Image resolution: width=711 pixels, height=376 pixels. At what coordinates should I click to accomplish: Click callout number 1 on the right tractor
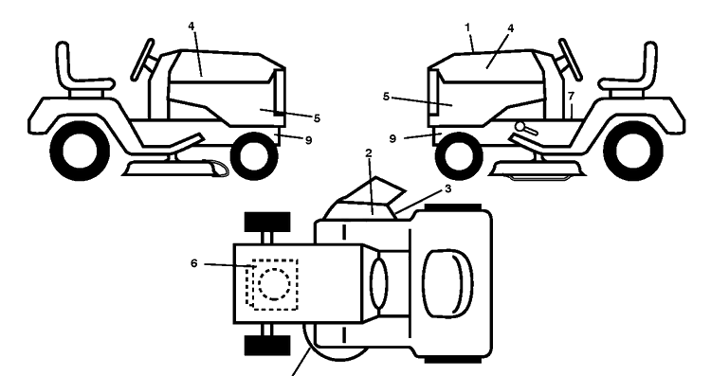click(x=467, y=27)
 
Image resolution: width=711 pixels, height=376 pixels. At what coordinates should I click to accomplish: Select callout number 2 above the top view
click(x=369, y=153)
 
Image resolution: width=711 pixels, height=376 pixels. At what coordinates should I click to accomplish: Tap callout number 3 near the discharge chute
click(x=448, y=188)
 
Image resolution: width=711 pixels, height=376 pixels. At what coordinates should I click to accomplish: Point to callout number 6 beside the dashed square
click(x=194, y=263)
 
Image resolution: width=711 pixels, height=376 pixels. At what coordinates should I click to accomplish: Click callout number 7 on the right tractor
click(x=571, y=96)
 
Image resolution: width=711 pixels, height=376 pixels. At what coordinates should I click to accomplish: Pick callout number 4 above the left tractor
click(x=191, y=26)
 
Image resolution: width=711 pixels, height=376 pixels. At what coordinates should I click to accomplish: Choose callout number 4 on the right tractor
click(x=511, y=28)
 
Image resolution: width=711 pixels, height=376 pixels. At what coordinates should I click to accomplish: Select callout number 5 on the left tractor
click(x=317, y=118)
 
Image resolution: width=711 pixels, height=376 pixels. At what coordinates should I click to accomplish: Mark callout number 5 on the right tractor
click(x=386, y=97)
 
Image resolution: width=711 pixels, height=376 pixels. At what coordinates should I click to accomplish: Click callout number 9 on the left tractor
click(x=308, y=140)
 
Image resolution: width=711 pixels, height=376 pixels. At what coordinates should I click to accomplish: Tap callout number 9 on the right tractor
click(x=392, y=138)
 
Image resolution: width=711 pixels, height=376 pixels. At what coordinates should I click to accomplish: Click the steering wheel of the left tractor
click(x=142, y=60)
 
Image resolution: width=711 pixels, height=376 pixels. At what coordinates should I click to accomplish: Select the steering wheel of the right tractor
click(x=570, y=60)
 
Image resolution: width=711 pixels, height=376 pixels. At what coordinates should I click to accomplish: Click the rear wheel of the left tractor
click(x=81, y=151)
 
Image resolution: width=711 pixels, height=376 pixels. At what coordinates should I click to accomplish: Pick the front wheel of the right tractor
click(x=459, y=156)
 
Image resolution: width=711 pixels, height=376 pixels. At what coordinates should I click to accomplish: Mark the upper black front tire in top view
click(x=267, y=222)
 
